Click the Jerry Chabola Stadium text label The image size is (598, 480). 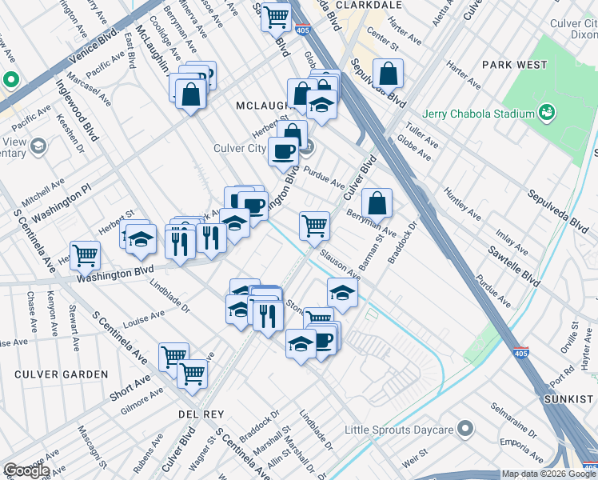[x=479, y=113]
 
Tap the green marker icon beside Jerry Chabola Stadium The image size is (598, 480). [x=547, y=112]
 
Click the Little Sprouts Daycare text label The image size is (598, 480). [x=399, y=430]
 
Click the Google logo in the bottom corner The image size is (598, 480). [x=26, y=470]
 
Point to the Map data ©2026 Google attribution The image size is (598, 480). [x=548, y=474]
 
